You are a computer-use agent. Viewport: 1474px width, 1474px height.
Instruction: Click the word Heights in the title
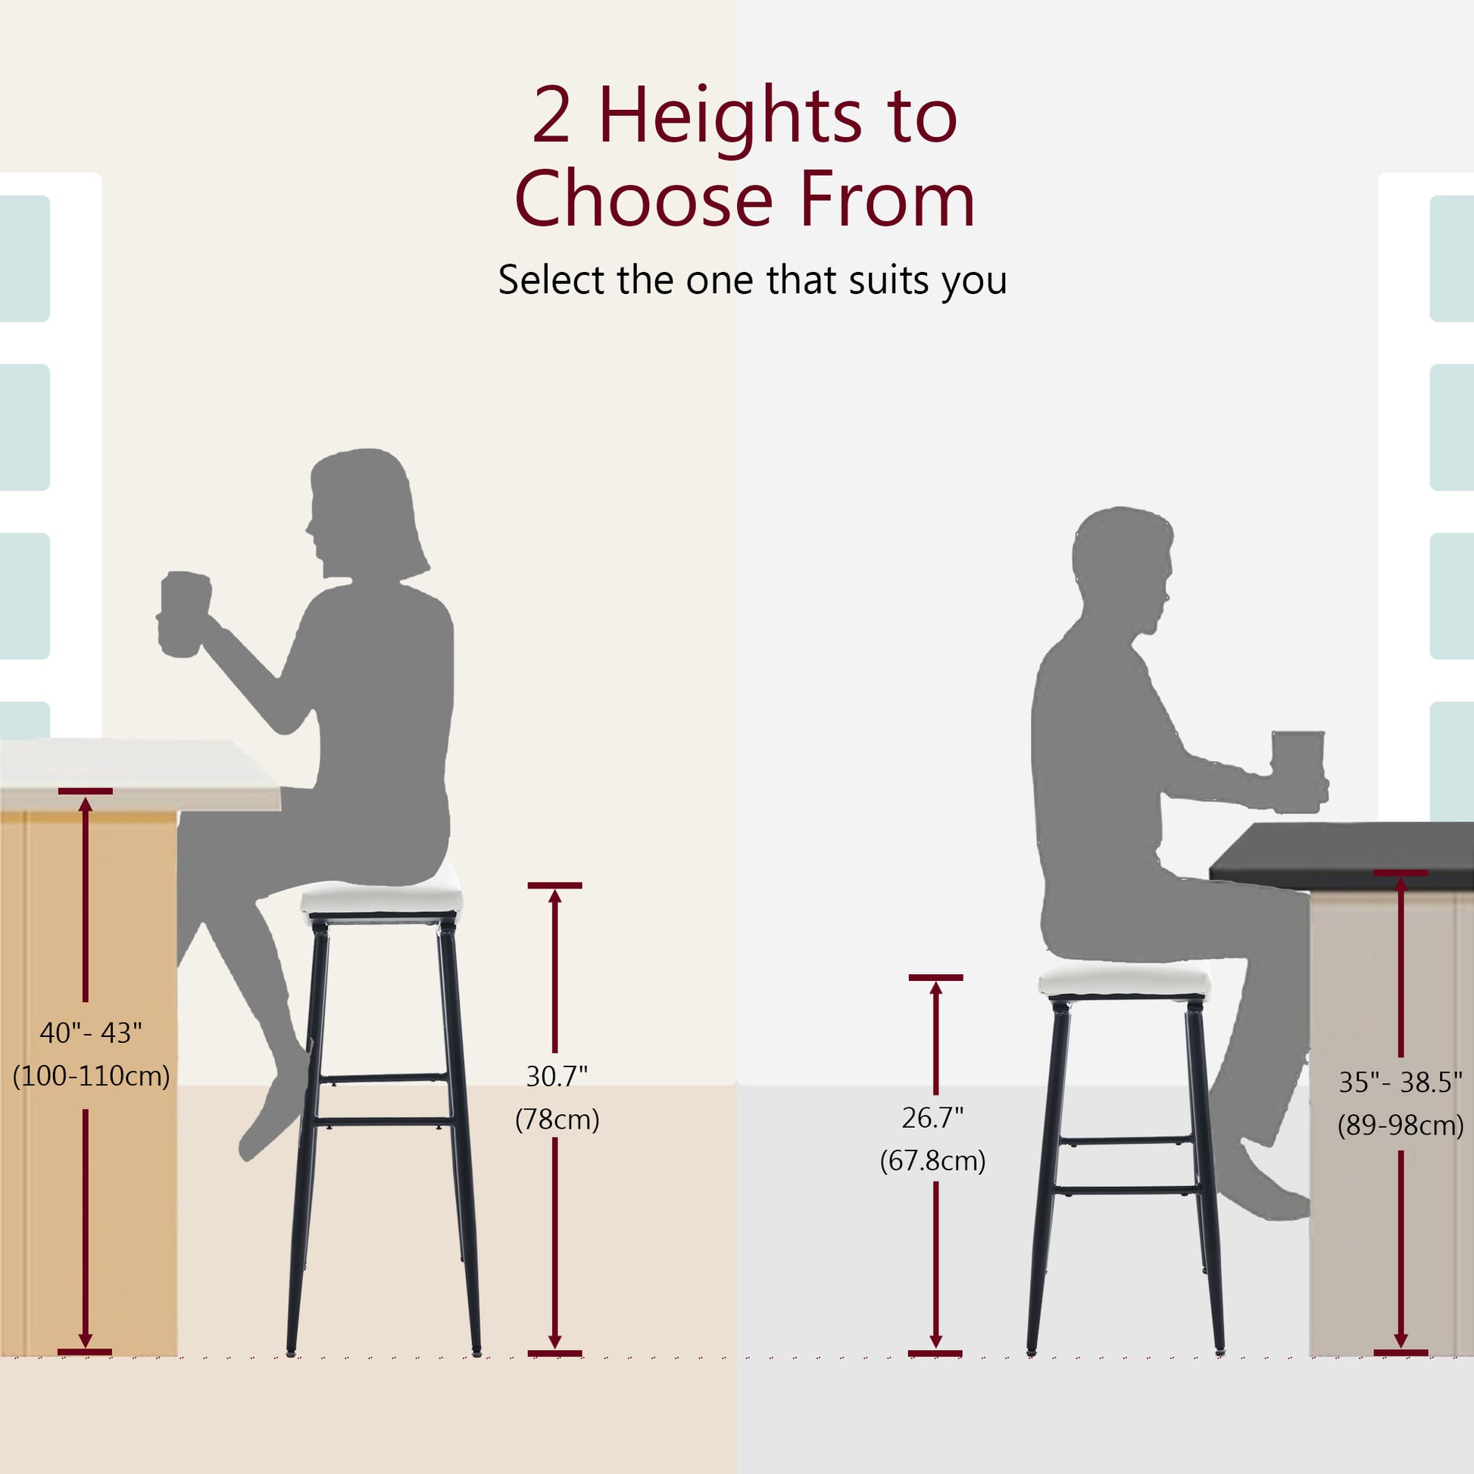[x=730, y=116]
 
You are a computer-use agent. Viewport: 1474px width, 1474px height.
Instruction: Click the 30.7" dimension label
[x=556, y=1076]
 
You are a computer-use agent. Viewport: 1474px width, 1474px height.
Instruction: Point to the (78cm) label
[x=557, y=1120]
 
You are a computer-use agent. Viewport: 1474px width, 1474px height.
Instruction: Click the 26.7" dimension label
[x=932, y=1118]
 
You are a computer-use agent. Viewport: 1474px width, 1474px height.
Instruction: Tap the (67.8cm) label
[x=932, y=1160]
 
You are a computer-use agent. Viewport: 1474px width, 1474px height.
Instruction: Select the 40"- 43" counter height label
[x=91, y=1033]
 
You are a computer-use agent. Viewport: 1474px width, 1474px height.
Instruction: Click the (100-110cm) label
[x=91, y=1076]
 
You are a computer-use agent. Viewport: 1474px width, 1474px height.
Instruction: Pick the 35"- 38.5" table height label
[x=1401, y=1082]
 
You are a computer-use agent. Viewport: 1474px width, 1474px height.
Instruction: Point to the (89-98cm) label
[x=1401, y=1126]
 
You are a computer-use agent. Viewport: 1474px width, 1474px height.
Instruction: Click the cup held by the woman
[x=184, y=614]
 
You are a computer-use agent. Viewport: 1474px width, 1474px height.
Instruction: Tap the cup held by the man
[x=1298, y=769]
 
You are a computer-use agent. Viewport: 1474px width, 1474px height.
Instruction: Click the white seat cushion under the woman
[x=382, y=901]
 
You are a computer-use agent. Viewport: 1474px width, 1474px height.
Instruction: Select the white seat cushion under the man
[x=1124, y=983]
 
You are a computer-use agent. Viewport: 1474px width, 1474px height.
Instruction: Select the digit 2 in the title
[x=551, y=116]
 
